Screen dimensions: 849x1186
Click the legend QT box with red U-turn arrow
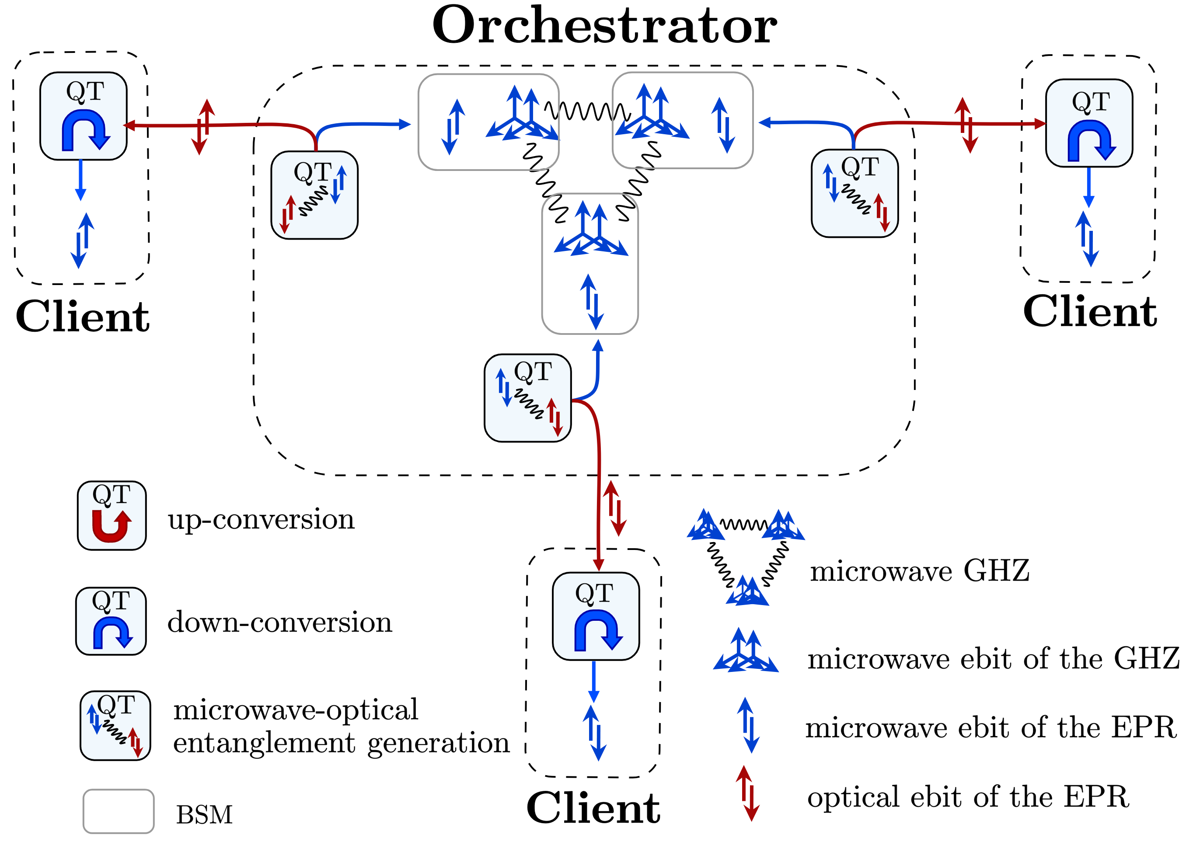(x=112, y=515)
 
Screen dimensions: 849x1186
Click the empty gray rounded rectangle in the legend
(x=119, y=811)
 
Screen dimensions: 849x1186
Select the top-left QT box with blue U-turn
(x=83, y=116)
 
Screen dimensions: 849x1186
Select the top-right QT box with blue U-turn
(x=1089, y=123)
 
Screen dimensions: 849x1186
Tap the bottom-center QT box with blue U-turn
(x=596, y=616)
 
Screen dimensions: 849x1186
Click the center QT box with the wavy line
(x=527, y=398)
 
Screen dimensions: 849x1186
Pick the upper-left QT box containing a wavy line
(x=314, y=195)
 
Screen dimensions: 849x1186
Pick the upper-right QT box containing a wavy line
(x=855, y=193)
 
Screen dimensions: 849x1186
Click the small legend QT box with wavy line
(x=115, y=725)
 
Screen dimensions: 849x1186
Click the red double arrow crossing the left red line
(x=203, y=127)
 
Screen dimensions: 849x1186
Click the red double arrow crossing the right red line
(x=966, y=125)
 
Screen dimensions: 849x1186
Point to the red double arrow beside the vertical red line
(x=614, y=508)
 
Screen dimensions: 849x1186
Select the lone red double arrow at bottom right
(x=747, y=793)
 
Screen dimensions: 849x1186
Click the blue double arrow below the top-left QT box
(x=83, y=240)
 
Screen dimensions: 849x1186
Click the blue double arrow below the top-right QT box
(x=1087, y=239)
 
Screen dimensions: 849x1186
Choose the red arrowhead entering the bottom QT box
(x=598, y=565)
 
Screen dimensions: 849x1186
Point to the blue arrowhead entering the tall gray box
(x=598, y=345)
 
